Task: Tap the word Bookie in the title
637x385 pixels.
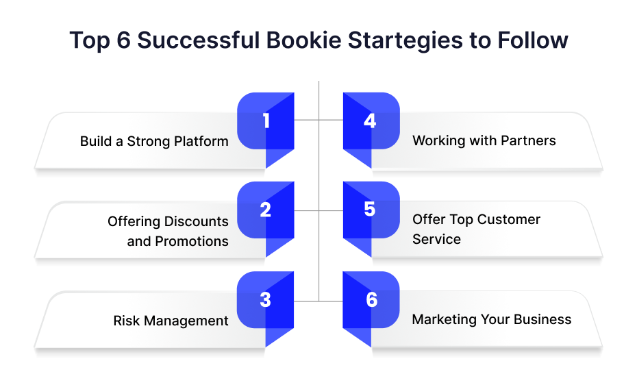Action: point(303,40)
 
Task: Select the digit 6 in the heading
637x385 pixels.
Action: point(123,40)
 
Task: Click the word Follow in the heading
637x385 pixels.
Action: point(533,40)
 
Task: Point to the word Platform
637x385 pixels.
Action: point(201,141)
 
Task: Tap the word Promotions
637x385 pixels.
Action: point(192,241)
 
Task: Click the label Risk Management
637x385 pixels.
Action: point(171,321)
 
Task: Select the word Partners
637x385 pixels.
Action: point(528,140)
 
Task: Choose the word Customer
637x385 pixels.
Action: point(509,219)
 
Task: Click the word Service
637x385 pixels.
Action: point(437,239)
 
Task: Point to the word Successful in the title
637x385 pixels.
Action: point(198,40)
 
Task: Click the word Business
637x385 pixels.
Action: point(542,319)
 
